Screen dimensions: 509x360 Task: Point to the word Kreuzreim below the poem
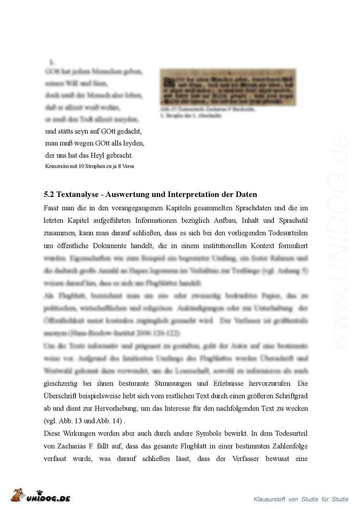coord(56,166)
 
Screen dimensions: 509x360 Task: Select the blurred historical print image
coord(228,87)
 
